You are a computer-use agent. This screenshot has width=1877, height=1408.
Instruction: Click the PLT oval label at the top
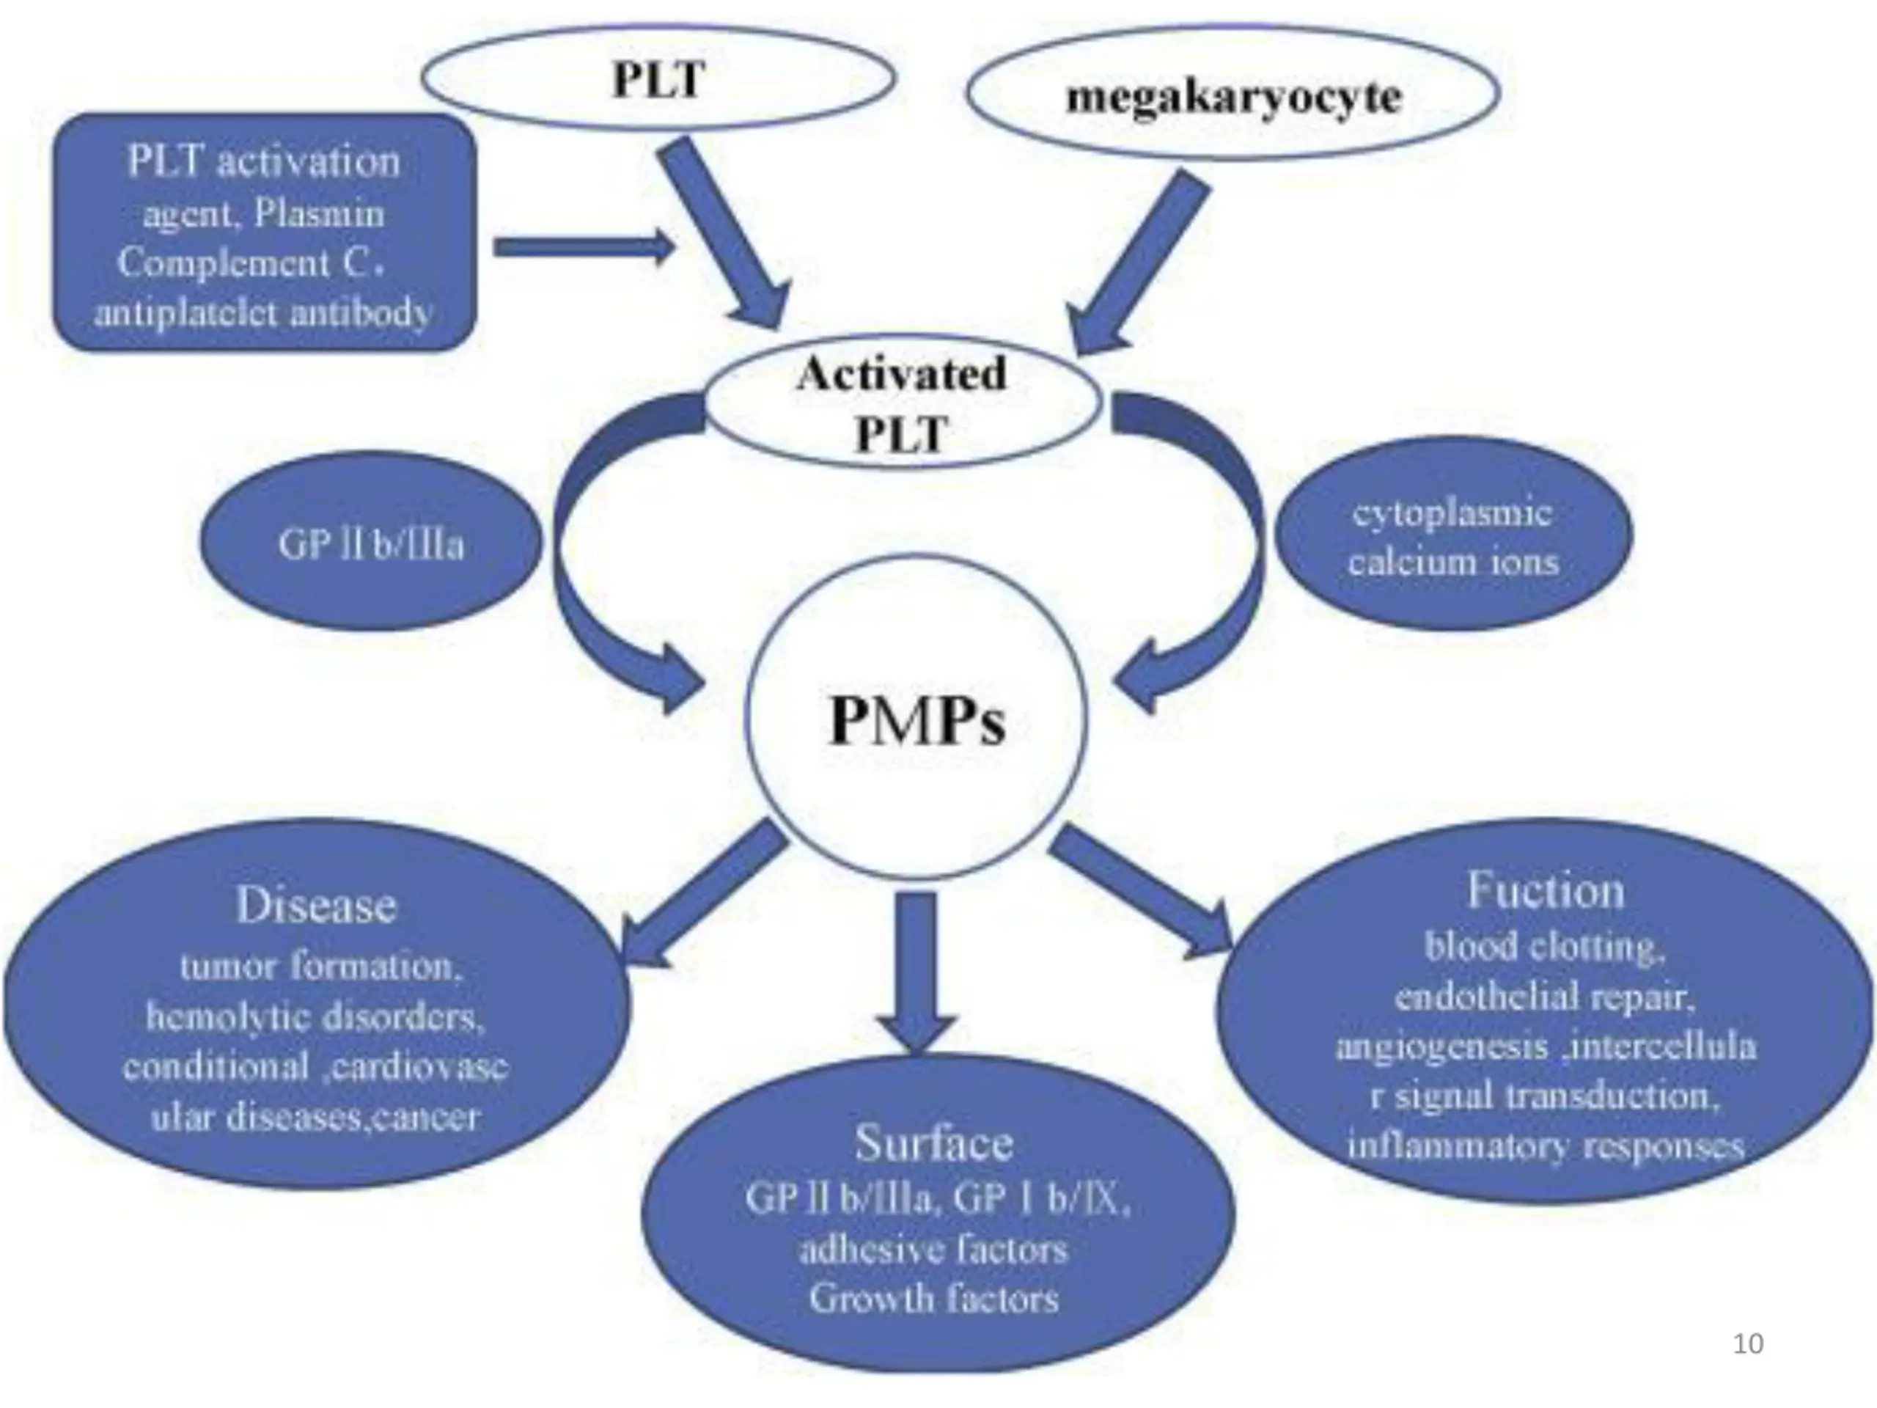pyautogui.click(x=658, y=81)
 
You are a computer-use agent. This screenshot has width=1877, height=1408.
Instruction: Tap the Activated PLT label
pyautogui.click(x=901, y=404)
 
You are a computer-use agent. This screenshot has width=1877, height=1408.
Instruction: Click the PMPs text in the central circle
pyautogui.click(x=917, y=722)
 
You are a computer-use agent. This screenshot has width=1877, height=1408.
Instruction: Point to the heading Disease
pyautogui.click(x=316, y=905)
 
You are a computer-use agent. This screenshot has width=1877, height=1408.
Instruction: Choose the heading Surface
pyautogui.click(x=933, y=1143)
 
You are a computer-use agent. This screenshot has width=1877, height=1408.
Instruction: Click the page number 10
pyautogui.click(x=1748, y=1343)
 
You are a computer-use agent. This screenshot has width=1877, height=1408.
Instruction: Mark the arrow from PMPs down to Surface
pyautogui.click(x=917, y=967)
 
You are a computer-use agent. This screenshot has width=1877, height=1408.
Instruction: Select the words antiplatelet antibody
pyautogui.click(x=263, y=314)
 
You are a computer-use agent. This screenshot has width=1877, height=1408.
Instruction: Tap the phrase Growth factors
pyautogui.click(x=933, y=1299)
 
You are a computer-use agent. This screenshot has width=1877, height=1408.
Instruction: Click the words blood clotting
pyautogui.click(x=1544, y=946)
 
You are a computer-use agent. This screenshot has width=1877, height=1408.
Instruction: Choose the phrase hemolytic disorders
pyautogui.click(x=315, y=1016)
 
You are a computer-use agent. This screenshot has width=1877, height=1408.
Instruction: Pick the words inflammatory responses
pyautogui.click(x=1545, y=1145)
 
